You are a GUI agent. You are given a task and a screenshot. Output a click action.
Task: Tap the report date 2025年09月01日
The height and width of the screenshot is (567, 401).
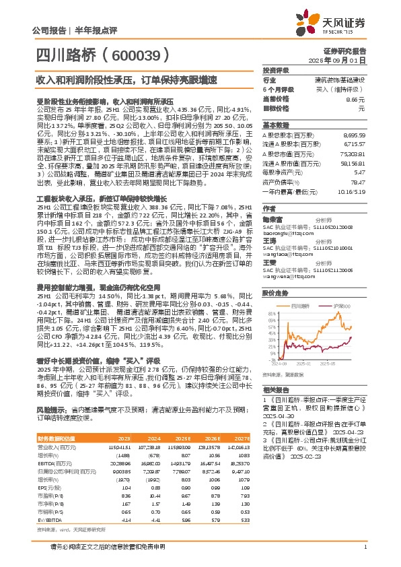click(x=344, y=59)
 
